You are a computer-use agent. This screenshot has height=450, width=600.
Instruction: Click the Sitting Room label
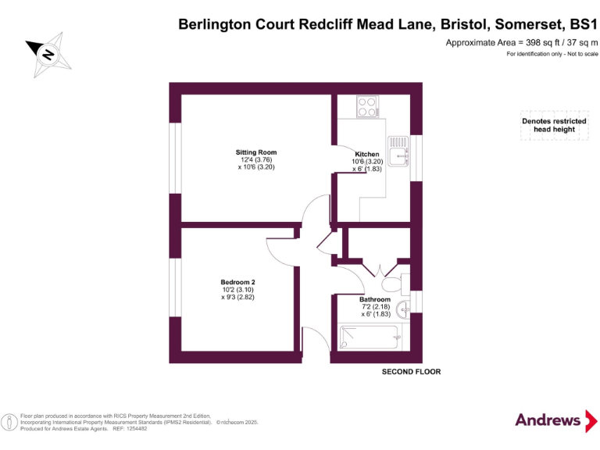256,152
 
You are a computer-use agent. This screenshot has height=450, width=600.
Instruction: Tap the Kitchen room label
367,154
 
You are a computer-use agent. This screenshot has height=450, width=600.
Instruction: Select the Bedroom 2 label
237,282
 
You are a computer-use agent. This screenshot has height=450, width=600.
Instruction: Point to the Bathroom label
375,299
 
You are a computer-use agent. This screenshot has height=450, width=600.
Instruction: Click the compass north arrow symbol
47,53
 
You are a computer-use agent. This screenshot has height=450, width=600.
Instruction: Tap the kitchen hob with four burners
367,106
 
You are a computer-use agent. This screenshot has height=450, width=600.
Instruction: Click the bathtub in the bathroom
369,338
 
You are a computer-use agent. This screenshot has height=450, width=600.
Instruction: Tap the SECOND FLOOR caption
411,372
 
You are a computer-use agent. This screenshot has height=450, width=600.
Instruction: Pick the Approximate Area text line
521,42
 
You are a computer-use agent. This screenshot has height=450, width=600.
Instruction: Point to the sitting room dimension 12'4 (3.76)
256,160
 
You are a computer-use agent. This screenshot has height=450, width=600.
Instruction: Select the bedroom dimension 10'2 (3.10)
237,290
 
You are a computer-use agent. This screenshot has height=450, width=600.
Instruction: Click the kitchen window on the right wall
416,158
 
